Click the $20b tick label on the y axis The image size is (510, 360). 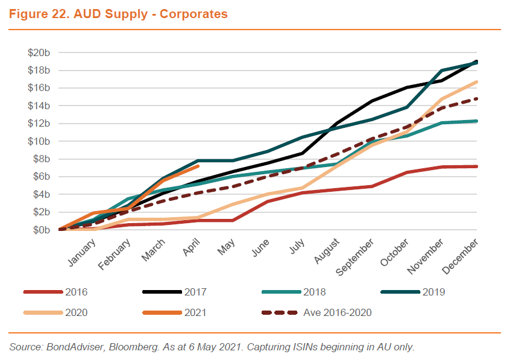(39, 53)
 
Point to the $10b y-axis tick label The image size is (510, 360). (39, 141)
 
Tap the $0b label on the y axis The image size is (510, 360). (41, 230)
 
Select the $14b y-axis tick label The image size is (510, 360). (39, 106)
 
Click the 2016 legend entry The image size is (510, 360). (76, 292)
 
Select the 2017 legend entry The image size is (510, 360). (195, 292)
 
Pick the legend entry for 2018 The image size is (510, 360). (314, 292)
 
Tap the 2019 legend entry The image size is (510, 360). (433, 292)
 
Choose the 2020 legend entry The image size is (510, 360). (76, 312)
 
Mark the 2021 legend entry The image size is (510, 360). (195, 312)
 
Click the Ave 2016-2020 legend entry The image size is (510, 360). (338, 312)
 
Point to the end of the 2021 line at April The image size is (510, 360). (198, 166)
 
